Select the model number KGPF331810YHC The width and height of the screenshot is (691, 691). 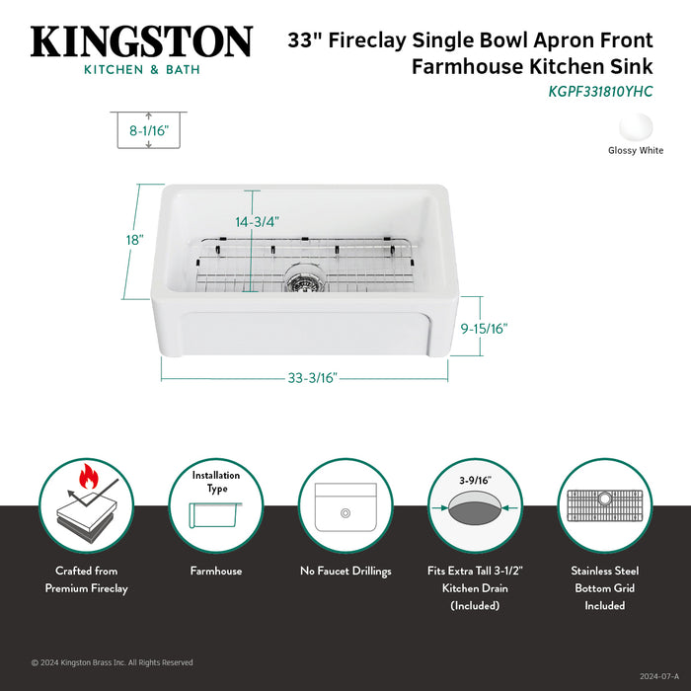[600, 90]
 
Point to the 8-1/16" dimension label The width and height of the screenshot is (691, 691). [149, 128]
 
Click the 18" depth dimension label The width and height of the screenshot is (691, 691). [135, 240]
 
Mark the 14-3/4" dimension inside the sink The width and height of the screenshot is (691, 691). [252, 223]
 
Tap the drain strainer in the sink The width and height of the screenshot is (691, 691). [302, 280]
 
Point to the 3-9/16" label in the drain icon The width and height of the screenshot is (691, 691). [476, 481]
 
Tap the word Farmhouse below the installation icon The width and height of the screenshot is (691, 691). [216, 571]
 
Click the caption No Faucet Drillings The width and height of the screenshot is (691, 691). [345, 571]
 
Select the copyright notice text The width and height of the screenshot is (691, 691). [113, 662]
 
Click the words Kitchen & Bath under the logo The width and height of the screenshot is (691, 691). [141, 69]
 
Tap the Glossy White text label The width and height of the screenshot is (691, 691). [635, 151]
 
